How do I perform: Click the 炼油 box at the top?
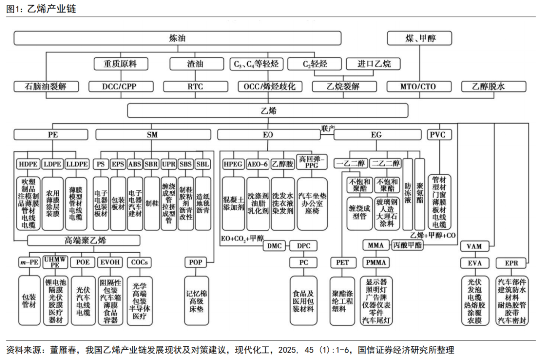pos(177,38)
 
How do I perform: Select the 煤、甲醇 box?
pos(420,38)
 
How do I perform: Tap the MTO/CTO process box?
pos(418,86)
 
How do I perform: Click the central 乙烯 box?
pos(268,110)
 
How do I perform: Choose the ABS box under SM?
pos(135,163)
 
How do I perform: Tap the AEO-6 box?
pos(258,163)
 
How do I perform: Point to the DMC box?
pos(275,246)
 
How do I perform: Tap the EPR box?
pos(511,262)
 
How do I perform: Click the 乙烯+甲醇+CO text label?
pos(433,235)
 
